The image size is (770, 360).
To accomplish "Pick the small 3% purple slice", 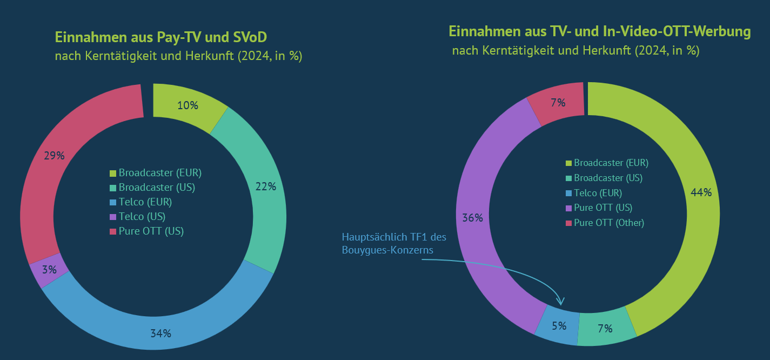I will point(49,269).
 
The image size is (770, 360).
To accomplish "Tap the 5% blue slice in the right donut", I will point(558,326).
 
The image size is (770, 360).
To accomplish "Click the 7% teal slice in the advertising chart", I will point(605,328).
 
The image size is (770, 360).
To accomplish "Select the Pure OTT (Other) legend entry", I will point(608,223).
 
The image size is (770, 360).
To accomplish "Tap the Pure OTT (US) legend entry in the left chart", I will point(151,231).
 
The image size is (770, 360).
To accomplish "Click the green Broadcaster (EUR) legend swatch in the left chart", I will point(113,174).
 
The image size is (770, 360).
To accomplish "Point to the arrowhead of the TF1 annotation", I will point(561,302).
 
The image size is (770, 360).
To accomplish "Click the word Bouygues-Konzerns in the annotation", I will point(387,250).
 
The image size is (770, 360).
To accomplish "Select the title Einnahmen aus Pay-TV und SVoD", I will point(161,37).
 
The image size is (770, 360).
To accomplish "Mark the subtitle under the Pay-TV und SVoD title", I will point(178,56).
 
